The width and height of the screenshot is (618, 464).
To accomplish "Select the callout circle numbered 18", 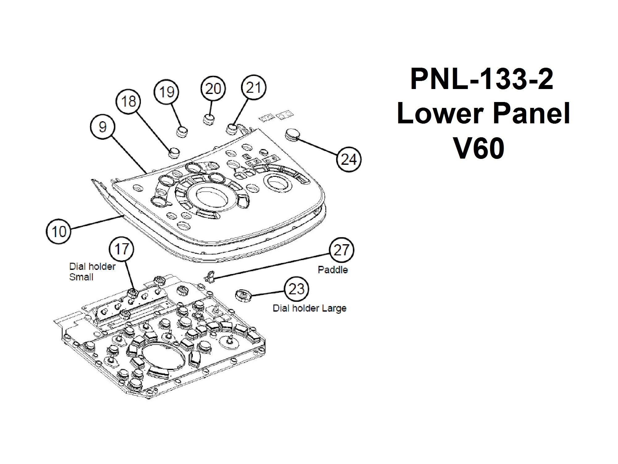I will pos(129,101).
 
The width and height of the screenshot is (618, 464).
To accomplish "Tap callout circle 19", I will pos(167,92).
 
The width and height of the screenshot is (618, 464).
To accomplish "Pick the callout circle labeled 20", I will pos(213,89).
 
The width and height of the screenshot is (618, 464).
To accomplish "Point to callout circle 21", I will pos(253,87).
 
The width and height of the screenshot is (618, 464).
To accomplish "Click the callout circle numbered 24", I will pos(349,160).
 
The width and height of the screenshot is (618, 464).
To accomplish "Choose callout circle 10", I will pos(59,232).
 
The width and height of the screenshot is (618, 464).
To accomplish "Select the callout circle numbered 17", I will pos(121,249).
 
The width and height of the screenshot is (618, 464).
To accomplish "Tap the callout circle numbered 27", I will pos(341,250).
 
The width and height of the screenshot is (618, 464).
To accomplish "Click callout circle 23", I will pos(296,289).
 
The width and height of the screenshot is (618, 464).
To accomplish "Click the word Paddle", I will pos(333,270).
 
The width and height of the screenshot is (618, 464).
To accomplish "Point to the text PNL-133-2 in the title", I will pos(481,79).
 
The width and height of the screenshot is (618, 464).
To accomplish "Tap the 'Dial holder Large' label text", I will pos(309,308).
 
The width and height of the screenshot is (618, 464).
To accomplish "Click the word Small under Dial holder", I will pos(81,277).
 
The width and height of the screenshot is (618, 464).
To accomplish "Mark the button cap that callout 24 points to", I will pos(292,134).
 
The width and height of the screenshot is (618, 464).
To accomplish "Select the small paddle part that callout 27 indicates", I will pos(211,275).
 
